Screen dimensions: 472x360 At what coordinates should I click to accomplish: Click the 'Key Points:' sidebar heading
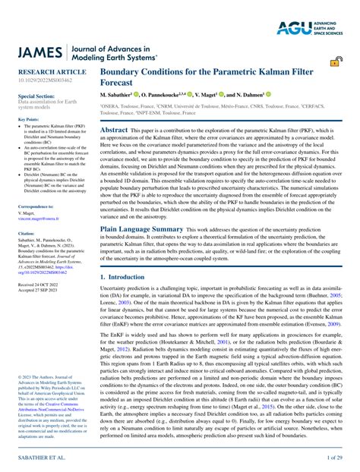(28, 119)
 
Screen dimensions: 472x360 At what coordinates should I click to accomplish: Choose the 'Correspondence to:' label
(36, 206)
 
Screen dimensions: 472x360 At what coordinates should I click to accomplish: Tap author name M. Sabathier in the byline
(120, 95)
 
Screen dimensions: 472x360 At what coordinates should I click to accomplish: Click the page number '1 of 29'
(333, 459)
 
